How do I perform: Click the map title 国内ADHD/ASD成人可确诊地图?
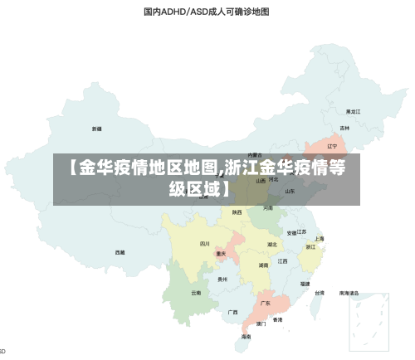pos(207,12)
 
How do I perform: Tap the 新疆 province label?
pos(97,129)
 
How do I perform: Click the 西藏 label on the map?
pos(120,251)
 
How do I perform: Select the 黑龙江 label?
pos(353,110)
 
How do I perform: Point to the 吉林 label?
pos(344,129)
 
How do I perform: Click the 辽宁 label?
pos(332,146)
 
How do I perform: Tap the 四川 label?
pos(205,244)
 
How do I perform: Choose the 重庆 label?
pos(221,254)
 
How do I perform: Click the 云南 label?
pos(196,293)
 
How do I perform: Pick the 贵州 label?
pos(222,280)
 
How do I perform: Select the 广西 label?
pos(233,312)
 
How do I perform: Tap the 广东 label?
pos(266,304)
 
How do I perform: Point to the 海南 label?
pos(247,337)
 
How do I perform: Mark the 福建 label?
pos(305,284)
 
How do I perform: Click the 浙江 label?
pos(310,246)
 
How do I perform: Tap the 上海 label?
pos(319,238)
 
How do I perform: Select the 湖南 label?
pos(263,265)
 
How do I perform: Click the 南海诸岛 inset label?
pos(349,293)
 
